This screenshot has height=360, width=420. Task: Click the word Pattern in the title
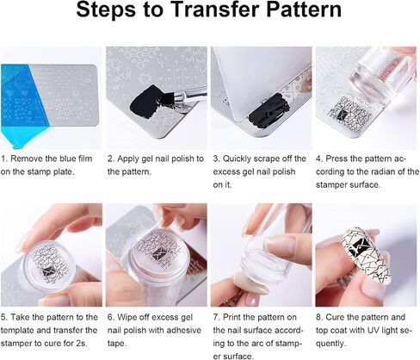(304, 9)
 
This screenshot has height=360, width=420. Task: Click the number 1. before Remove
(3, 158)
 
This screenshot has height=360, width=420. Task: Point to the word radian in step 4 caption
(387, 171)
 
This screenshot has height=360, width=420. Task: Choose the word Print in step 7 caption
(232, 317)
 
